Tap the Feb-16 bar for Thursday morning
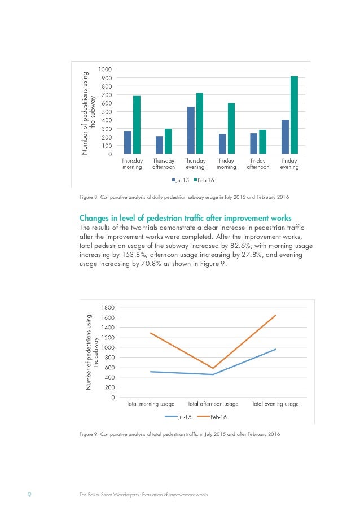[x=137, y=125]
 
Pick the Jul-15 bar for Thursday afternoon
[x=159, y=145]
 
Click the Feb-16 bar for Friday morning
[x=231, y=128]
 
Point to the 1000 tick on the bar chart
[x=104, y=69]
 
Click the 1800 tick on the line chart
[x=107, y=307]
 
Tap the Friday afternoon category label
[x=258, y=164]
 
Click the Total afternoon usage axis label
[x=213, y=404]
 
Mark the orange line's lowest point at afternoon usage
[x=213, y=368]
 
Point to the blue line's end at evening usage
[x=275, y=350]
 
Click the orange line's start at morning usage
[x=151, y=333]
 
